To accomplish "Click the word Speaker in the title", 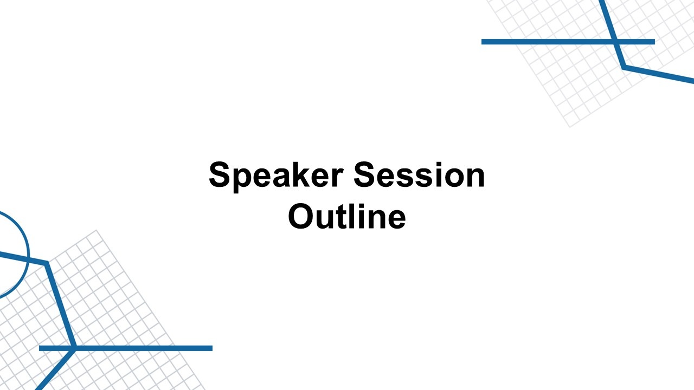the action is (276, 177).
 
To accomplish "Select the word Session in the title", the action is (419, 174).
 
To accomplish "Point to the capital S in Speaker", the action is (220, 174).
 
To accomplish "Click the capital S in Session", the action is (364, 174).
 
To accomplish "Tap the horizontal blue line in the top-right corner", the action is (568, 42).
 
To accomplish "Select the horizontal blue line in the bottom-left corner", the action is (126, 348).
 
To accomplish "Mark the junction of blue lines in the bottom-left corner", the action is (74, 348).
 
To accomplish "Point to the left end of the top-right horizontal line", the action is (482, 42).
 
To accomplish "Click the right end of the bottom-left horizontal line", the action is (212, 348).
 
